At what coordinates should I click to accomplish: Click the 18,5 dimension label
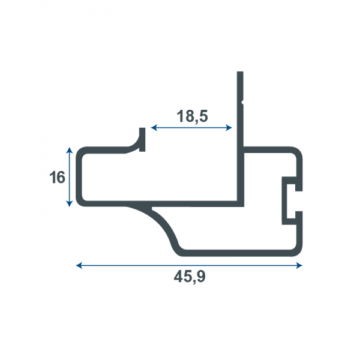pos(192,116)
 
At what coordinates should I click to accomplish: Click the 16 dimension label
pos(57,177)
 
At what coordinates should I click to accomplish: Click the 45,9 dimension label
pos(190,277)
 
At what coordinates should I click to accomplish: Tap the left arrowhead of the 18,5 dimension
pos(154,128)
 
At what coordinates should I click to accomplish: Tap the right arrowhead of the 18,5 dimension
pos(229,128)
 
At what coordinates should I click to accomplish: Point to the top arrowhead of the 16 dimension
pos(70,150)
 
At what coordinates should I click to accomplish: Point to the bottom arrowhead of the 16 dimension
pos(70,203)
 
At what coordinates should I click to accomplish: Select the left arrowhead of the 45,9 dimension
pos(79,266)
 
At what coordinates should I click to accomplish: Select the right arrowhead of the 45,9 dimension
pos(299,266)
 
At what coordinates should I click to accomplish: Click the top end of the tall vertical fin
pos(240,72)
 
